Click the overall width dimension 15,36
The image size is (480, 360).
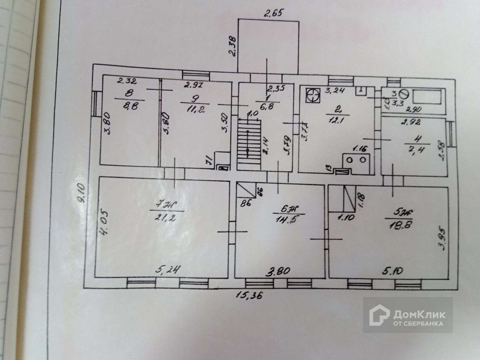pos(249,296)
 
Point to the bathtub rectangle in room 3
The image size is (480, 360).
pos(427,96)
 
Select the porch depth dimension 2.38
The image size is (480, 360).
pos(233,46)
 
